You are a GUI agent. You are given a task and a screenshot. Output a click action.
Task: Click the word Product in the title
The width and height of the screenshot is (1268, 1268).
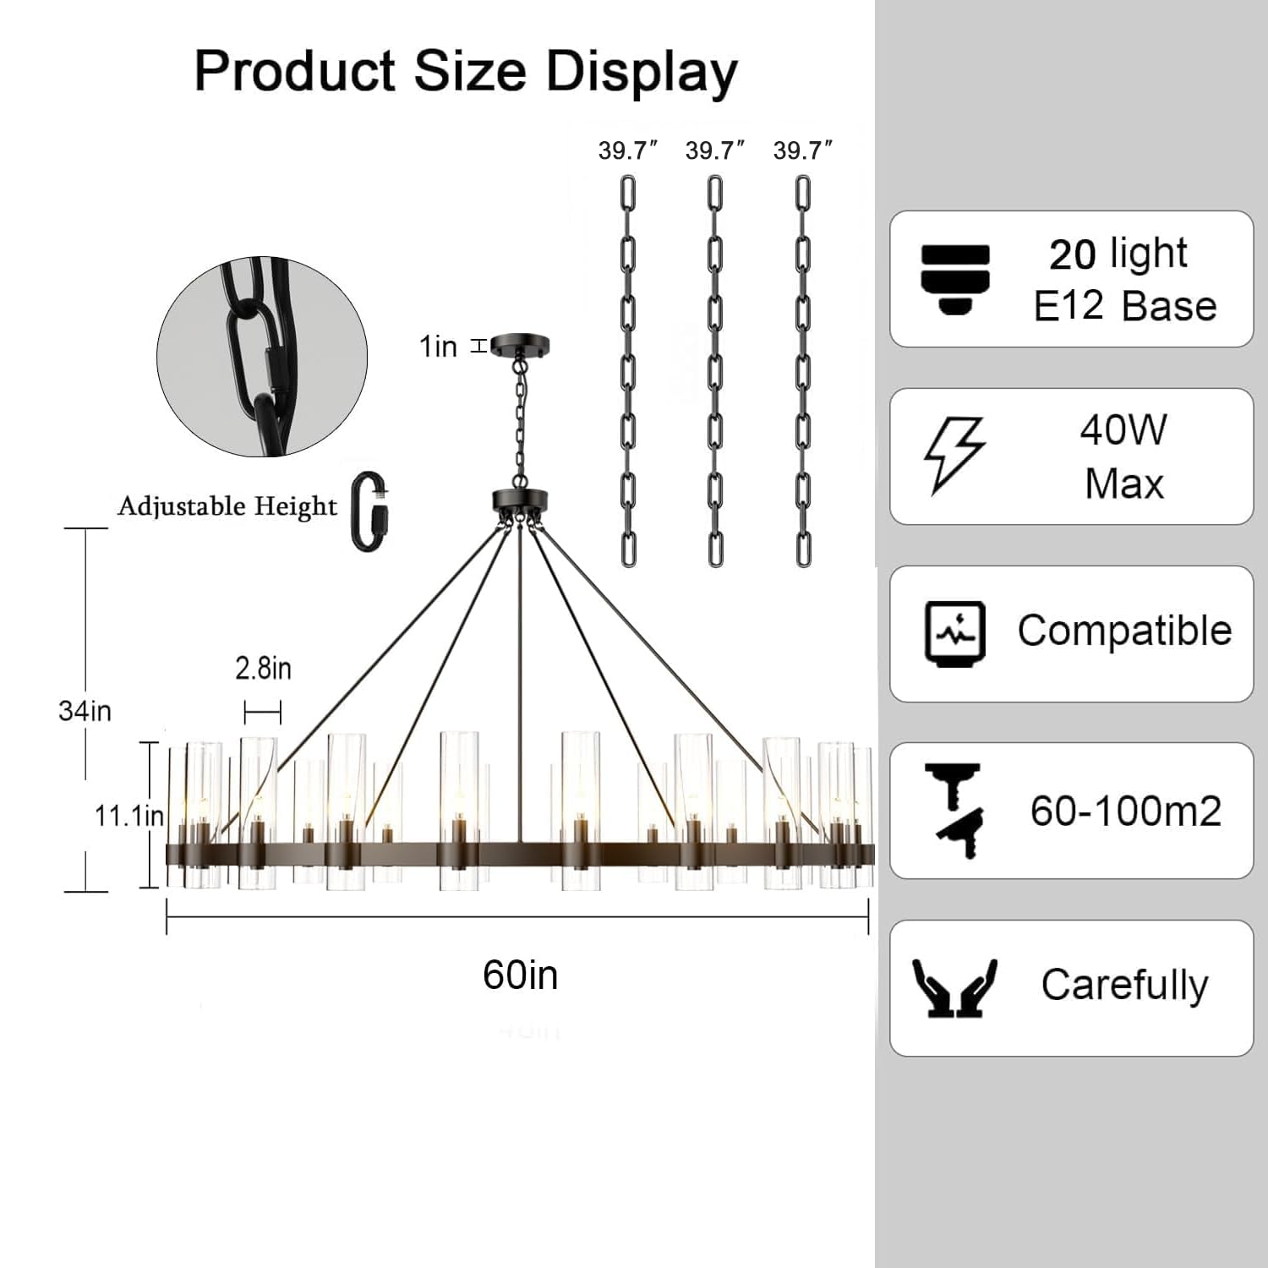(295, 71)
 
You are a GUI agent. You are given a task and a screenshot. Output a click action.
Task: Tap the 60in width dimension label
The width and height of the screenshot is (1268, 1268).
(520, 975)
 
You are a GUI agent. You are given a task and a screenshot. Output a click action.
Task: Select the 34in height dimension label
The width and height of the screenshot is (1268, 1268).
(85, 711)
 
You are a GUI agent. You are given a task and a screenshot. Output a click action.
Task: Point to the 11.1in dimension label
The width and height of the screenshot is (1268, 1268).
(128, 816)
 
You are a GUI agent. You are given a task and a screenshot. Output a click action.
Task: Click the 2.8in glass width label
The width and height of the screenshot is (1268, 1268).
(263, 669)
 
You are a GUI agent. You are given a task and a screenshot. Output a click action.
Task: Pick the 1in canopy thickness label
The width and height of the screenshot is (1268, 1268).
(438, 346)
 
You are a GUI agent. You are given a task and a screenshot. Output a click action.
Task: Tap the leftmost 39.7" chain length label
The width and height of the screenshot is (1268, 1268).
(627, 150)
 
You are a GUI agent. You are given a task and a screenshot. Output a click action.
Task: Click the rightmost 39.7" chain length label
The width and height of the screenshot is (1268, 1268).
(803, 150)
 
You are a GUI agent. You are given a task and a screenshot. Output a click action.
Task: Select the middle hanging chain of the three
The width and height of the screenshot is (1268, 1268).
(715, 370)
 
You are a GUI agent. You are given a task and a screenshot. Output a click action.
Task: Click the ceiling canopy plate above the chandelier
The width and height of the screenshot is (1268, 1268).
(520, 345)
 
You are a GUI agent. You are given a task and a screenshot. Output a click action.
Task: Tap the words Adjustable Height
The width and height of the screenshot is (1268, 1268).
(227, 506)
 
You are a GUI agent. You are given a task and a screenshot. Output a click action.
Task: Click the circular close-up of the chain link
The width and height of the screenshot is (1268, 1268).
(262, 357)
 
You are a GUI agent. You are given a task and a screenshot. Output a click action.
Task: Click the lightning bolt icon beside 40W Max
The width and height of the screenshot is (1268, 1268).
(954, 455)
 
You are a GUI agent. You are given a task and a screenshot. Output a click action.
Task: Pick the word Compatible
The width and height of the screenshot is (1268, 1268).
(1124, 631)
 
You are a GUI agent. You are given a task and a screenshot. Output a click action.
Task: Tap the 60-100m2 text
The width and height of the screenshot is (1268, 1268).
(1126, 811)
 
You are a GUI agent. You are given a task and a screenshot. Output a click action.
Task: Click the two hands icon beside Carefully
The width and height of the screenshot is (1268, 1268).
(955, 987)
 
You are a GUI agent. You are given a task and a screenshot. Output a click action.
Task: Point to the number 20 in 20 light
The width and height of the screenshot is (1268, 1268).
(1073, 254)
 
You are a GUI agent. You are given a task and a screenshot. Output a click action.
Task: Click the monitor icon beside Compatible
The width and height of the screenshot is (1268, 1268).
(955, 633)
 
